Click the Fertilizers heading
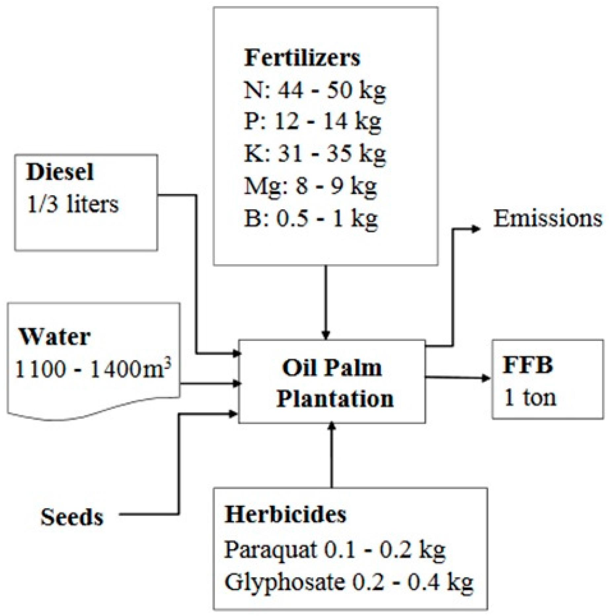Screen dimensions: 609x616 302,58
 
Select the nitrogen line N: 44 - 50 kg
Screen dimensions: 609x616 315,90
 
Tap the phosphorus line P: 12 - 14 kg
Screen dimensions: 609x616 312,122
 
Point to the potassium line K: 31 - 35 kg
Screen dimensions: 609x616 315,154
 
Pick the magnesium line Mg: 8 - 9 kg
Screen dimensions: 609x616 310,186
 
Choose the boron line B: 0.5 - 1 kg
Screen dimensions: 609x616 311,218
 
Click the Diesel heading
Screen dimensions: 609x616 60,172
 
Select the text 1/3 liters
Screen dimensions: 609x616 73,204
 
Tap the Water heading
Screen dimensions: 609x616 55,337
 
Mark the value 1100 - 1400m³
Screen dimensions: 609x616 94,369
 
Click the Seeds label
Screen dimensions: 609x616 72,517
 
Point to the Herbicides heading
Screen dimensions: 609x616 285,514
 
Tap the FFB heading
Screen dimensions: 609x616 528,365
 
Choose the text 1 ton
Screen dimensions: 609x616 530,397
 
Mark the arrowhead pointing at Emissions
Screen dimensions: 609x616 476,229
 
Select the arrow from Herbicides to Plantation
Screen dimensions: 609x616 331,456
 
